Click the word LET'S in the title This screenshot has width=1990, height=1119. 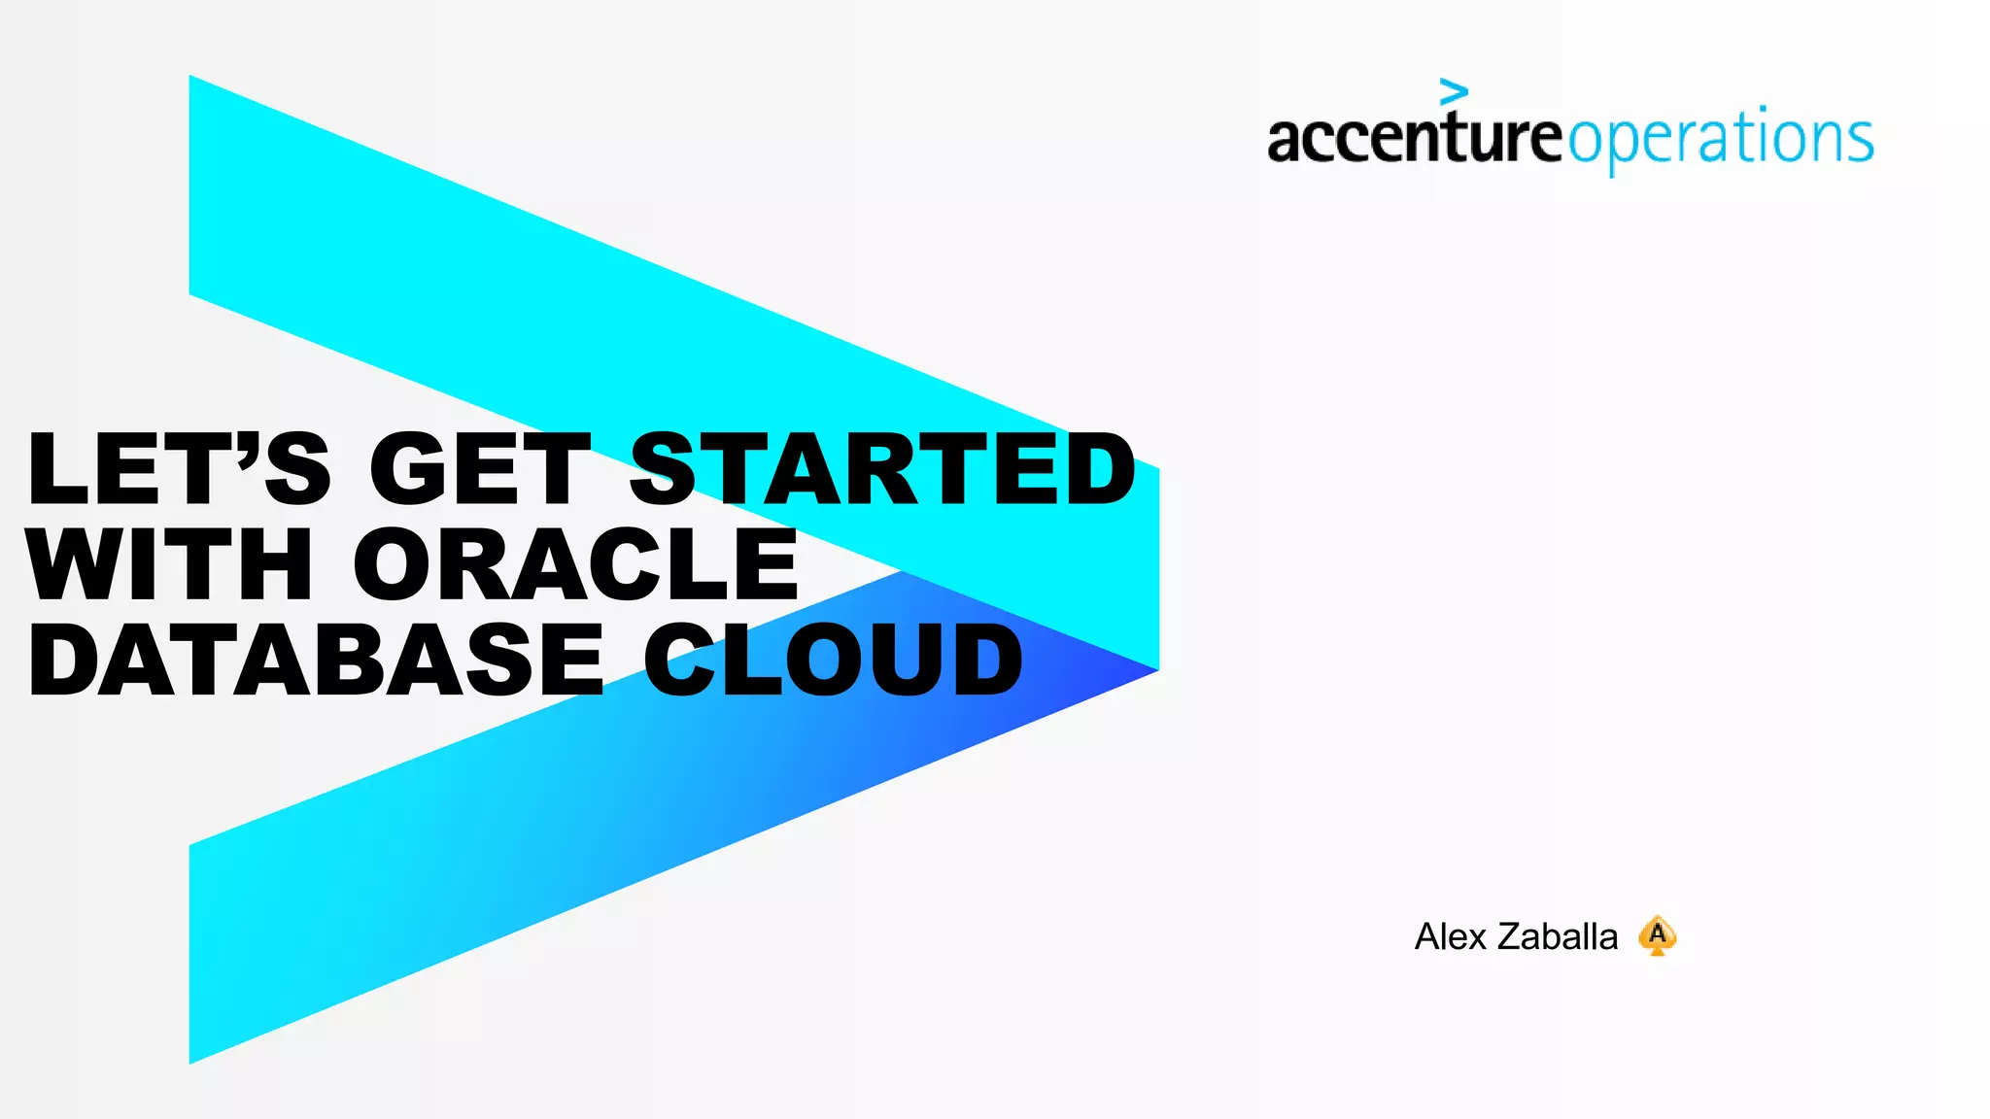(x=180, y=469)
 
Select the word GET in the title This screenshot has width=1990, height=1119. (x=480, y=469)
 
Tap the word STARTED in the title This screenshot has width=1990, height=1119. (x=882, y=469)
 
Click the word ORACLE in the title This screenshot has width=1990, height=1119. (x=575, y=564)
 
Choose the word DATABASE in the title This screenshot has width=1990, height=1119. (x=316, y=661)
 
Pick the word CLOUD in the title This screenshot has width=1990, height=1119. (x=833, y=661)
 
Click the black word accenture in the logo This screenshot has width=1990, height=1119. (x=1414, y=138)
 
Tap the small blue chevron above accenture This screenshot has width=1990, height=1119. (x=1454, y=91)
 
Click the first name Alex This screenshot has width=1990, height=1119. (x=1451, y=937)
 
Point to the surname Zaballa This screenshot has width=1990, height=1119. (x=1558, y=937)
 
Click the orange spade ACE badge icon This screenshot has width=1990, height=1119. (x=1658, y=935)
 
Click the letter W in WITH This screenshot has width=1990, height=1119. (x=73, y=564)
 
